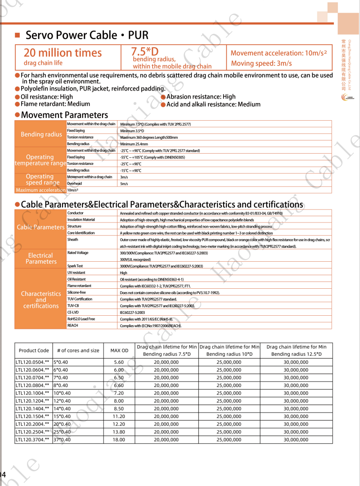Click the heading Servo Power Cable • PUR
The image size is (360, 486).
coord(87,36)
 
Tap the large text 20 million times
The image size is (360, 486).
coord(63,53)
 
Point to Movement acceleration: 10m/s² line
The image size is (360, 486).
coord(279,53)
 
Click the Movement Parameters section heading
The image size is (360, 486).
coord(64,115)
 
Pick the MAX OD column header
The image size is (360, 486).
coord(119,350)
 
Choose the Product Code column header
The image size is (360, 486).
coord(34,350)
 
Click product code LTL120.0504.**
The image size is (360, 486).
coord(32,362)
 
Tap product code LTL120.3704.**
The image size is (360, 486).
coord(32,440)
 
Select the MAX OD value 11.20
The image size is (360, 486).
coord(119,416)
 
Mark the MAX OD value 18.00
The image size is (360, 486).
coord(119,440)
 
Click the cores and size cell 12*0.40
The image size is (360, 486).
coord(62,401)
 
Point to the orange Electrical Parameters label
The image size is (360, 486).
coord(40,259)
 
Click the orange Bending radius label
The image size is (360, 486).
coord(41,134)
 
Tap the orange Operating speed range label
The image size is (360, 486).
coord(40,180)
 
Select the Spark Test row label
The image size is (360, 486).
coord(75,266)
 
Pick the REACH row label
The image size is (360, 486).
coord(72,325)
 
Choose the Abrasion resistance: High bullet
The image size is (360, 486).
coord(201,97)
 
